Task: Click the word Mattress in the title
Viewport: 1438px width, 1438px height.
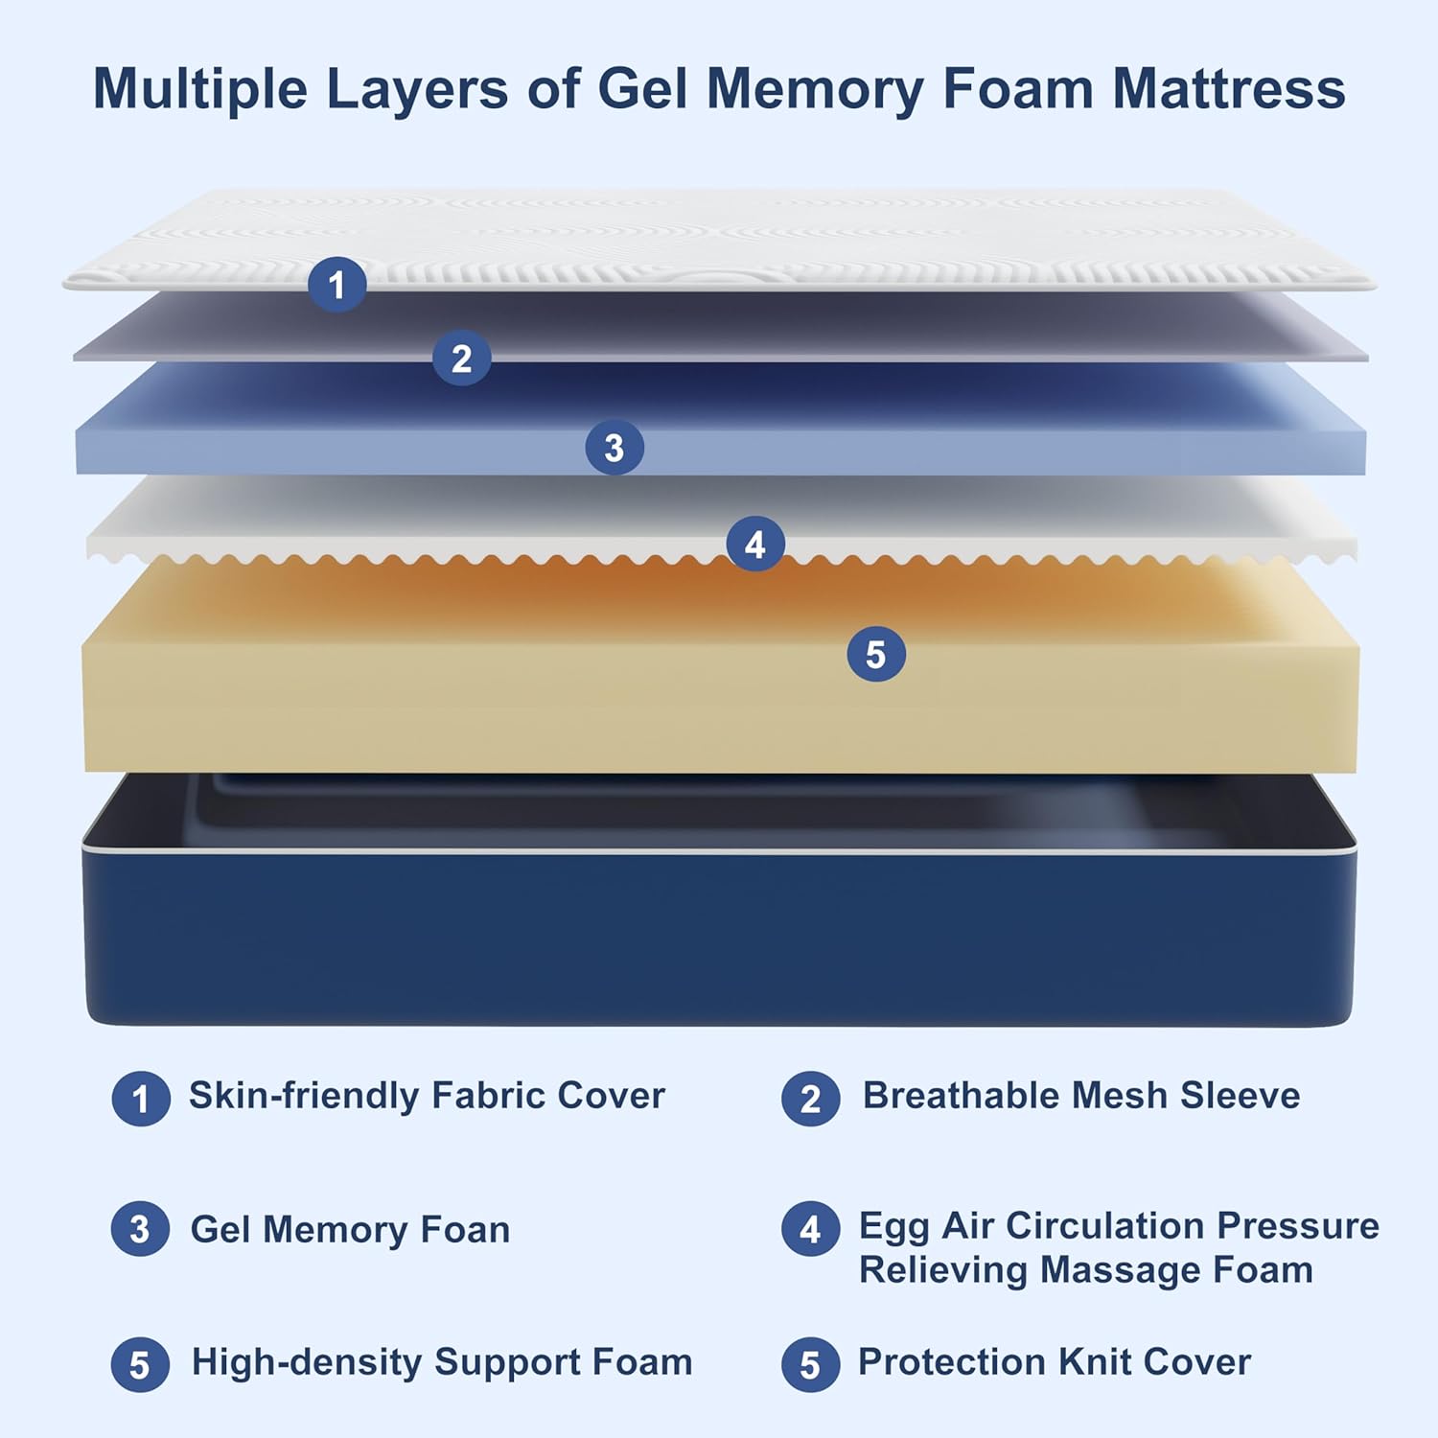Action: pyautogui.click(x=1229, y=89)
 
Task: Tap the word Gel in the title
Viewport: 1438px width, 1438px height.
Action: pyautogui.click(x=644, y=89)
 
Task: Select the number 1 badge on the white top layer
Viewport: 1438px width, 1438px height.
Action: pyautogui.click(x=336, y=285)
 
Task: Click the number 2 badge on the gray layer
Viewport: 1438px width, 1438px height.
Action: pyautogui.click(x=461, y=359)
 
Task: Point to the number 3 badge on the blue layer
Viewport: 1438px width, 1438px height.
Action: pyautogui.click(x=615, y=448)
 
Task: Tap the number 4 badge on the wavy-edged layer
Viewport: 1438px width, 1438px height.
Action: pyautogui.click(x=755, y=545)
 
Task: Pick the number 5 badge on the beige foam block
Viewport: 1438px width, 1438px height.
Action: pyautogui.click(x=875, y=655)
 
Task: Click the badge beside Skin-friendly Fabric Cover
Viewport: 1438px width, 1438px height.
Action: pyautogui.click(x=141, y=1099)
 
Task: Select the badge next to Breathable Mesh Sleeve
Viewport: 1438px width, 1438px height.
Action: pyautogui.click(x=810, y=1099)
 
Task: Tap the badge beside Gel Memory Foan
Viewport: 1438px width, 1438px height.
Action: pyautogui.click(x=140, y=1229)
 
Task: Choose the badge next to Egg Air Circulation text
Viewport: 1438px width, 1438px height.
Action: pyautogui.click(x=810, y=1229)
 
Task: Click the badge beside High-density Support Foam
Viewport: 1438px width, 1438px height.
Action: pyautogui.click(x=140, y=1364)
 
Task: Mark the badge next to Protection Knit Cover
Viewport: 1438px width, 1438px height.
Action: pyautogui.click(x=810, y=1364)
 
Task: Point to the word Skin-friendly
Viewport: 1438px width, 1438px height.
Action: pyautogui.click(x=303, y=1096)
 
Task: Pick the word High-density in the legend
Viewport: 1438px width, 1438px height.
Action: pyautogui.click(x=307, y=1362)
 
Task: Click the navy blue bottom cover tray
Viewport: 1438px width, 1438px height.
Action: pyautogui.click(x=719, y=935)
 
